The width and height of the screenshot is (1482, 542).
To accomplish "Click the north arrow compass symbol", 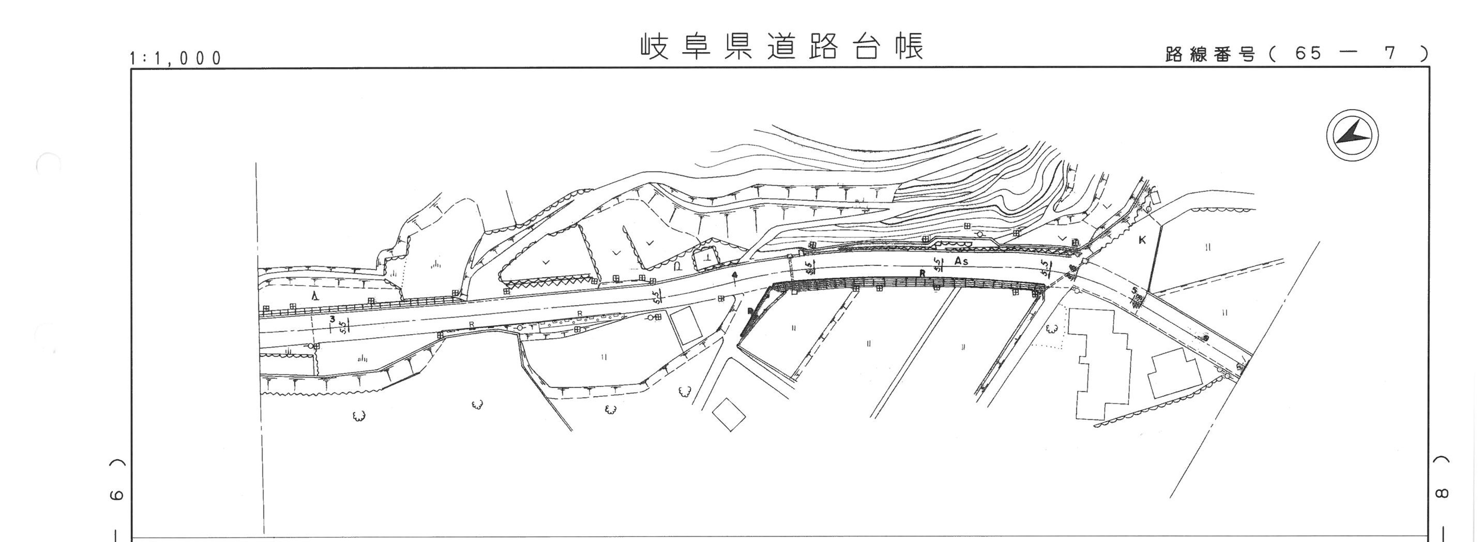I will (x=1352, y=135).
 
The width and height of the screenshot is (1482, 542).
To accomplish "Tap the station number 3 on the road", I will (x=332, y=319).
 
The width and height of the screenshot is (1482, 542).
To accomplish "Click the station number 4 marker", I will (x=735, y=275).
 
